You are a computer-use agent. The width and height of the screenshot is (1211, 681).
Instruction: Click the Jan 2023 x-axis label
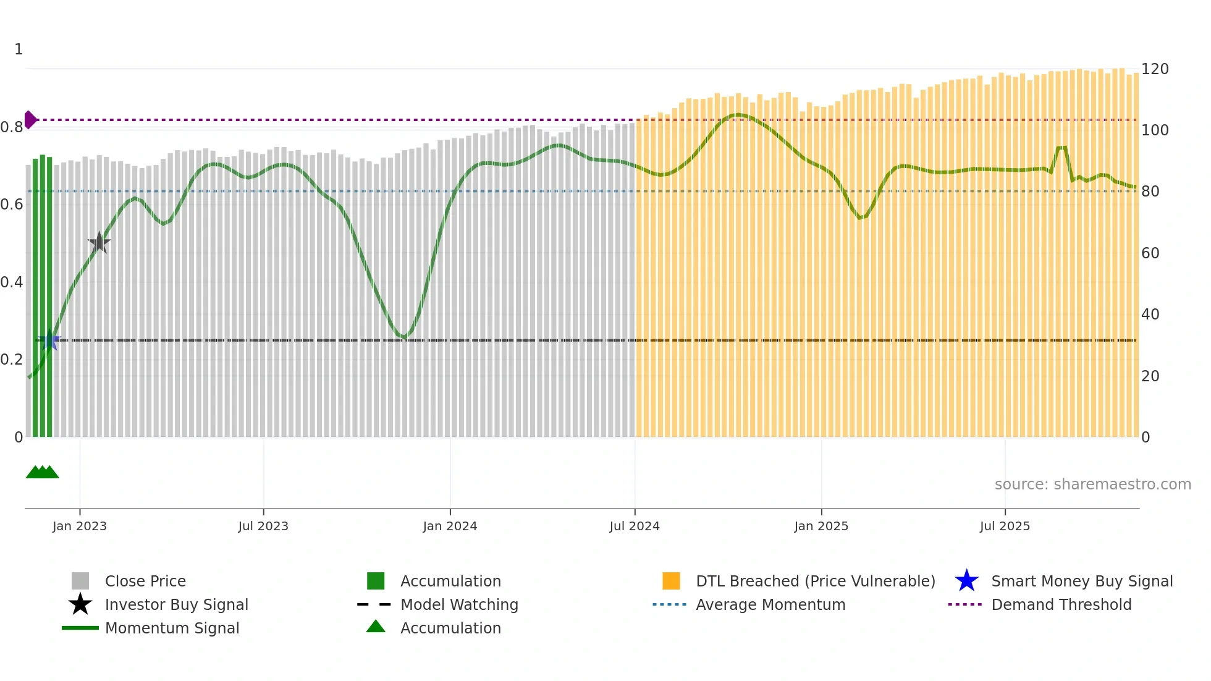(x=80, y=526)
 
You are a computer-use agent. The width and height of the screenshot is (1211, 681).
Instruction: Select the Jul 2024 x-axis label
(x=635, y=526)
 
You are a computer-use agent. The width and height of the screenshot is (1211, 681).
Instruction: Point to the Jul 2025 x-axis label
(x=1005, y=526)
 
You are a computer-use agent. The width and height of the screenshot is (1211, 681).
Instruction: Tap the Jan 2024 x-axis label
(x=450, y=526)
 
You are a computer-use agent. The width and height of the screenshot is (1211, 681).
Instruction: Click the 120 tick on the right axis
(x=1154, y=69)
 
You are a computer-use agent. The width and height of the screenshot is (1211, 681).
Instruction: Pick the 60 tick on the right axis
(x=1150, y=253)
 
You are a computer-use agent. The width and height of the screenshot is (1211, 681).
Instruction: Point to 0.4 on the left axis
(x=12, y=282)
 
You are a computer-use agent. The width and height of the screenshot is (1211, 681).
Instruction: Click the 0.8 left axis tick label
(x=12, y=127)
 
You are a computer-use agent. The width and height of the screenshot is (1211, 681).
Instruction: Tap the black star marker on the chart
(x=99, y=243)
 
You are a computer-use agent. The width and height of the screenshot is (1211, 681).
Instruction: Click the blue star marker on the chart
(x=50, y=340)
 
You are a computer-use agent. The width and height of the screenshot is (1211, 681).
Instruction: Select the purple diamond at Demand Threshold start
(x=30, y=119)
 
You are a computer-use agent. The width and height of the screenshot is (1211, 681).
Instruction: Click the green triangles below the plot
(x=42, y=472)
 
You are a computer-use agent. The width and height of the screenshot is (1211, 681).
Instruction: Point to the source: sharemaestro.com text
(x=1092, y=484)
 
